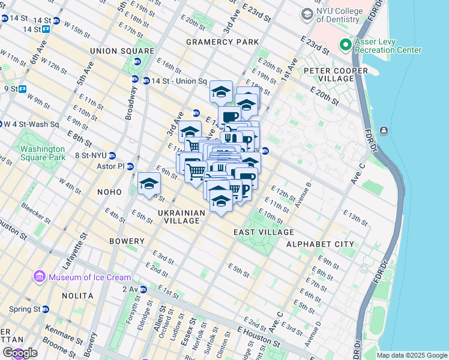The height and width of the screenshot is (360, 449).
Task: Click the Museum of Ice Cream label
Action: point(86,277)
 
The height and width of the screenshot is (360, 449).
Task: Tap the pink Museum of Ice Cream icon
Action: point(40,277)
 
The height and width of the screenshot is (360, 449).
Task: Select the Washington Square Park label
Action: point(41,153)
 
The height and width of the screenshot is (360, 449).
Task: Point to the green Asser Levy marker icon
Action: point(345,45)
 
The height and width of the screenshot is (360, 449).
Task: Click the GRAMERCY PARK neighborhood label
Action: point(222,42)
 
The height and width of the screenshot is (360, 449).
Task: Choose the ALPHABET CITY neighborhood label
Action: point(320,244)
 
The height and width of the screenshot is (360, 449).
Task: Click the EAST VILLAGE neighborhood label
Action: point(264,232)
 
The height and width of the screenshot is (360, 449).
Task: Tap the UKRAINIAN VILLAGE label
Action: point(178,217)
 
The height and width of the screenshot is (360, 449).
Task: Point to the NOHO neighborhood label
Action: point(110,191)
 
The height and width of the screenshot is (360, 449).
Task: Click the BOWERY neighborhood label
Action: point(127,241)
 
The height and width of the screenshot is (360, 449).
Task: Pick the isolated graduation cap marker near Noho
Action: point(149,184)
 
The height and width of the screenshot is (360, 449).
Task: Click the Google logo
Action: point(20,353)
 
